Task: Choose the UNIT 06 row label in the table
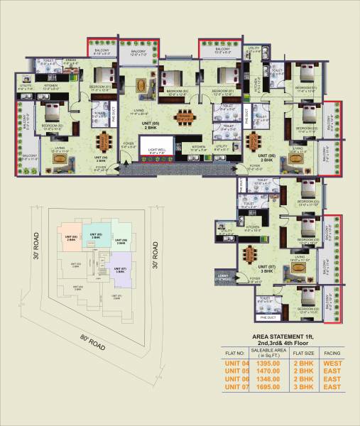(x=235, y=379)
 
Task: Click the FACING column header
(x=332, y=352)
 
